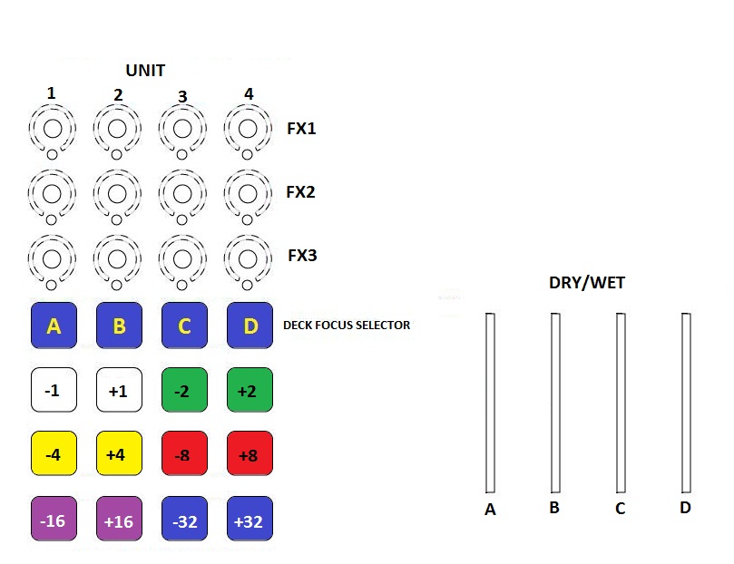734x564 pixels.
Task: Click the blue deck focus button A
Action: [54, 326]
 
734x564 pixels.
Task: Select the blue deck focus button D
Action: [250, 326]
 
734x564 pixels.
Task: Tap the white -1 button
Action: [54, 390]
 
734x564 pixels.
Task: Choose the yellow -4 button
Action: [54, 453]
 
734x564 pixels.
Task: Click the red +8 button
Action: [250, 453]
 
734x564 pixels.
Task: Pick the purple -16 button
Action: [54, 520]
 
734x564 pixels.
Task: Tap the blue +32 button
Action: [250, 520]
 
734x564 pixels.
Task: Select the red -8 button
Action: [184, 453]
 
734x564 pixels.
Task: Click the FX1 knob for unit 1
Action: [53, 129]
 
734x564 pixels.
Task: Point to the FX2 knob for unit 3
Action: [184, 192]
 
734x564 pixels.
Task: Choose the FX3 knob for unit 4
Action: [250, 256]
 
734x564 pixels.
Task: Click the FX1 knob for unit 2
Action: [118, 129]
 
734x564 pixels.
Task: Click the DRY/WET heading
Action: [586, 283]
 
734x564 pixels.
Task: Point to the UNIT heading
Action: [145, 70]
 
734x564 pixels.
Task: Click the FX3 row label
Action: [302, 256]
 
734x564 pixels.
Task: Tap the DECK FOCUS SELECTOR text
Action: [347, 325]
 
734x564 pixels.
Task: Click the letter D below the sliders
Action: [685, 508]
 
